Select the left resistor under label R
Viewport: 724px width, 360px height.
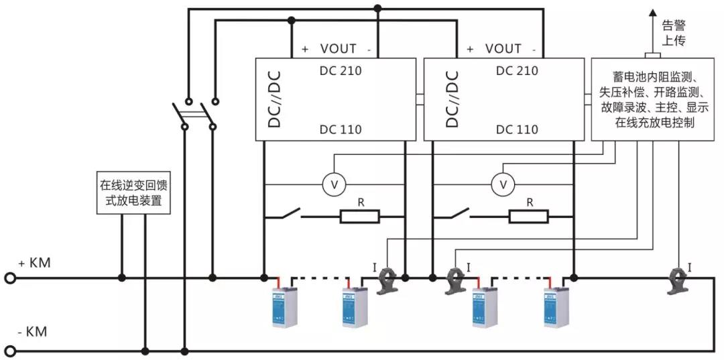click(360, 217)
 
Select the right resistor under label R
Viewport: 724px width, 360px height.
click(529, 217)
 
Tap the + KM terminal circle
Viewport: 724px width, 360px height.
click(10, 277)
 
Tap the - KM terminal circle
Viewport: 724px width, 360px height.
click(10, 350)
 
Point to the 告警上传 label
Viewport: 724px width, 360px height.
click(674, 33)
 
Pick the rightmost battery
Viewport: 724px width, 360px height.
click(556, 306)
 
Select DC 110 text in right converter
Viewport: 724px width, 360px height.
click(516, 129)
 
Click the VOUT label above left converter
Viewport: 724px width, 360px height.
click(338, 48)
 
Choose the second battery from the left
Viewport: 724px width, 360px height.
click(355, 306)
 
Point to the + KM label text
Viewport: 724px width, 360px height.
click(34, 263)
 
